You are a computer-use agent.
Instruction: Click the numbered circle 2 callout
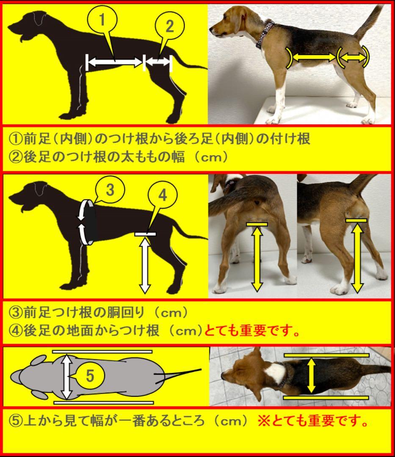(x=168, y=26)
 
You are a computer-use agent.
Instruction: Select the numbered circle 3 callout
(x=109, y=191)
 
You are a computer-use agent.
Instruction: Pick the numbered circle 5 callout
(x=90, y=375)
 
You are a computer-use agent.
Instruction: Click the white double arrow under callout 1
(x=114, y=62)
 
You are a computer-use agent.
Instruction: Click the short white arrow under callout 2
(x=158, y=62)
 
